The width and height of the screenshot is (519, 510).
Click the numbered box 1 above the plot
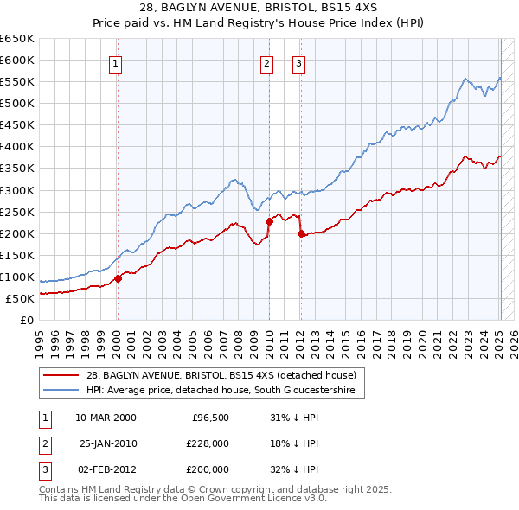tap(116, 62)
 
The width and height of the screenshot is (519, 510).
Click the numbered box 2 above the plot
tap(266, 62)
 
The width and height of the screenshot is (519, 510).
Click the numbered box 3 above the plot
tap(298, 62)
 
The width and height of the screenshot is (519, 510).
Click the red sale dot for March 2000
tap(119, 278)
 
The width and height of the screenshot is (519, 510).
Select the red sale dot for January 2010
tap(269, 221)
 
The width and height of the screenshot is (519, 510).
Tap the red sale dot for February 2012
tap(300, 233)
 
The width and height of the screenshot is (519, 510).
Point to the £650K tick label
tap(17, 39)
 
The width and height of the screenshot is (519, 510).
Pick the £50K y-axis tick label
tap(20, 298)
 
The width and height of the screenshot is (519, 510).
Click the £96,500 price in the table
tap(209, 418)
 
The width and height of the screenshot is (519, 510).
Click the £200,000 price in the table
tap(208, 469)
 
